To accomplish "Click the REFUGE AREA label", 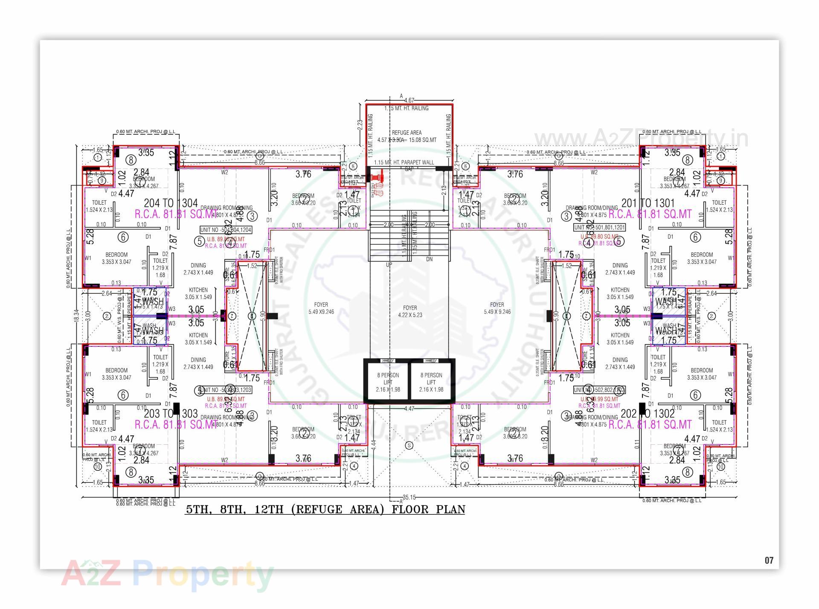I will point(407,133).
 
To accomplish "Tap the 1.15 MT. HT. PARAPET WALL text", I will point(404,162).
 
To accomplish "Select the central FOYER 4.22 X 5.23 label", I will point(409,311).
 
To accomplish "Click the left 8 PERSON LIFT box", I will point(388,382).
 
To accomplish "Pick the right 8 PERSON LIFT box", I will point(431,382).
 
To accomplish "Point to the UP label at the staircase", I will point(389,265).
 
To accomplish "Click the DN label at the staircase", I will point(429,259).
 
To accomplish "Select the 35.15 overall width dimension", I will point(409,497).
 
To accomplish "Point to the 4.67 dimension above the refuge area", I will point(409,101).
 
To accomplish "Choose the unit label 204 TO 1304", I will point(171,203).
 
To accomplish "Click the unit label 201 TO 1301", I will point(648,203).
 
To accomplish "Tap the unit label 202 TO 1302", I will point(648,413).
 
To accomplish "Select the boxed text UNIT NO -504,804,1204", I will point(226,230).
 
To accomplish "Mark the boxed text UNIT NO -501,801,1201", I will point(599,227).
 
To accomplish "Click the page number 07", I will point(769,560).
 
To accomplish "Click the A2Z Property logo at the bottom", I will point(167,574).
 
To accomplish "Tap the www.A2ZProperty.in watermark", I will point(641,139).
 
